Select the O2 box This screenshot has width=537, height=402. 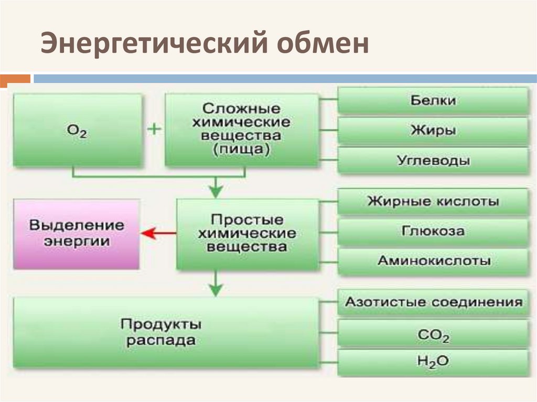(x=77, y=131)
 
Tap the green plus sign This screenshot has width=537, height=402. (x=154, y=129)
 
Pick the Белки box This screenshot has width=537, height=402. (x=433, y=101)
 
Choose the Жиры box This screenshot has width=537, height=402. (x=433, y=131)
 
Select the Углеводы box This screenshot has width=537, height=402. (x=433, y=160)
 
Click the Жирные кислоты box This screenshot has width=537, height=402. (x=433, y=201)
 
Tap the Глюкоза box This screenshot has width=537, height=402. (x=433, y=231)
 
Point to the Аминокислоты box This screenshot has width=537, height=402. (x=433, y=260)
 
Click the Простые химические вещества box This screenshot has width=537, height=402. (x=248, y=233)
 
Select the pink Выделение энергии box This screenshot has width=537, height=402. (x=77, y=234)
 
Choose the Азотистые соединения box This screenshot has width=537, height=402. (x=433, y=302)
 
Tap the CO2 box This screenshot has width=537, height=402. (x=433, y=335)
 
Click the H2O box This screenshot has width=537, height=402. (x=433, y=362)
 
